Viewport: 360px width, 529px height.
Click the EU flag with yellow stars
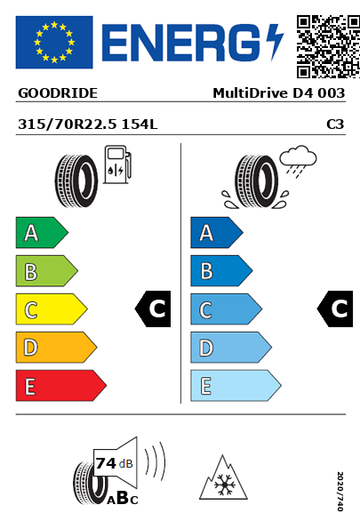(x=54, y=42)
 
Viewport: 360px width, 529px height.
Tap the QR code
(x=328, y=46)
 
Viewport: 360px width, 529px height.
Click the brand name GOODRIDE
(x=58, y=93)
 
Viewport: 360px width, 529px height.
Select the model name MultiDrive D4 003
(x=279, y=93)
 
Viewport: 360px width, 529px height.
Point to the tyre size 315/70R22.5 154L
(x=88, y=124)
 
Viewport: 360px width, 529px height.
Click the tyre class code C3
(x=335, y=124)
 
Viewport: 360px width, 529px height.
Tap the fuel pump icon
(x=117, y=164)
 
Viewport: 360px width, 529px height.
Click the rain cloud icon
(x=299, y=161)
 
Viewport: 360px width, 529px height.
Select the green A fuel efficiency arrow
(x=42, y=233)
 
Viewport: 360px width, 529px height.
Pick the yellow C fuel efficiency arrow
(x=52, y=309)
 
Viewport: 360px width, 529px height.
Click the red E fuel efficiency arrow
(x=61, y=386)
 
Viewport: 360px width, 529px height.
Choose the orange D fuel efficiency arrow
(x=56, y=348)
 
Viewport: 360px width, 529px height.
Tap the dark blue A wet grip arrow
(x=217, y=233)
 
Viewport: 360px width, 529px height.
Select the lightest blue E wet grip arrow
(x=236, y=386)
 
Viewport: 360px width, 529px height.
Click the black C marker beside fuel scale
(x=153, y=309)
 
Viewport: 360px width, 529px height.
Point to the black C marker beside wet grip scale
(x=335, y=309)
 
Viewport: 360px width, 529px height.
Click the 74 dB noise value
(x=115, y=463)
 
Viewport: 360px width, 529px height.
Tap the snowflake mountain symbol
(x=223, y=478)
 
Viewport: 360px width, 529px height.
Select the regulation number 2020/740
(x=340, y=491)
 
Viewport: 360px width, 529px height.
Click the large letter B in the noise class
(x=123, y=498)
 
